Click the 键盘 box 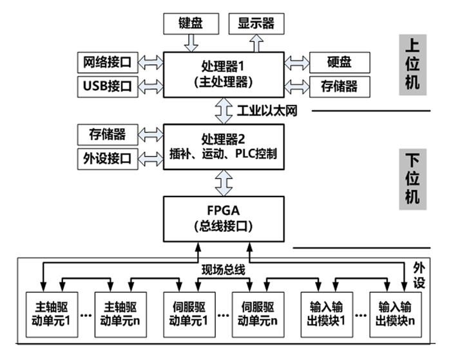click(191, 24)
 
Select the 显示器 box click(256, 24)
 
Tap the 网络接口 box click(107, 62)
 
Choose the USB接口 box click(107, 85)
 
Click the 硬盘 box click(340, 62)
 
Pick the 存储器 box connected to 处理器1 click(340, 85)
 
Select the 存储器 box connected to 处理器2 click(107, 135)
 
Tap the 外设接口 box click(107, 157)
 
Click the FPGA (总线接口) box click(223, 219)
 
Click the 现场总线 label click(224, 269)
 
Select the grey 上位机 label click(413, 64)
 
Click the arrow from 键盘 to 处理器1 click(191, 43)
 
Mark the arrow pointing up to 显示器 click(256, 43)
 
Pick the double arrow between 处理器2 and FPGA click(223, 182)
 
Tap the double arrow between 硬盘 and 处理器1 click(296, 62)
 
